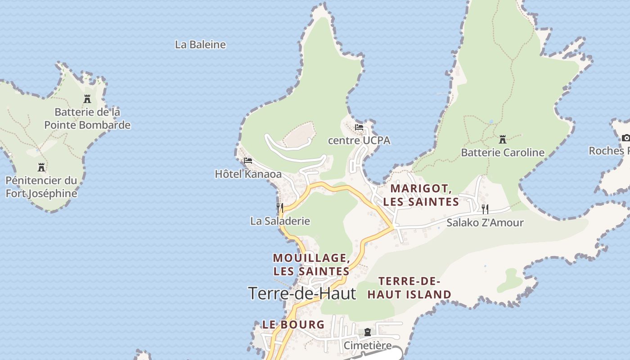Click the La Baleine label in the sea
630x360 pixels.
coord(200,45)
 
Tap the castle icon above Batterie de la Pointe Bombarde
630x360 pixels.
coord(87,99)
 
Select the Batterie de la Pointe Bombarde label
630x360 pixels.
coord(87,118)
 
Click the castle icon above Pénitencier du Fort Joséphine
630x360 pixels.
coord(41,167)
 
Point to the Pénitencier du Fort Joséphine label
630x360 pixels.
coord(41,187)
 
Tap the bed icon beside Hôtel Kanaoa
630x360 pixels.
coord(247,161)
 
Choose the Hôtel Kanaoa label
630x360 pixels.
coord(248,174)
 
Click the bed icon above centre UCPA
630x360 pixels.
coord(359,127)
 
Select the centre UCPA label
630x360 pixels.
coord(359,140)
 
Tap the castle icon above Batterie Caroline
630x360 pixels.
coord(503,139)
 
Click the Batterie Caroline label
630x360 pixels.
coord(503,153)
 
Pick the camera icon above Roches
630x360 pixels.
coord(625,138)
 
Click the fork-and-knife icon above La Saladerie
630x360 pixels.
coord(280,207)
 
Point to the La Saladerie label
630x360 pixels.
coord(280,221)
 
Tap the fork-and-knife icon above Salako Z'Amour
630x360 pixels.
coord(485,209)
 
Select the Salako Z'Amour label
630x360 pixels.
coord(485,223)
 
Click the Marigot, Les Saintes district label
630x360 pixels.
coord(421,195)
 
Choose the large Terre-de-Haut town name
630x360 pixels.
coord(302,293)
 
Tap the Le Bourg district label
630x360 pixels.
coord(293,324)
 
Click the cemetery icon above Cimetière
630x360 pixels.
coord(368,333)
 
